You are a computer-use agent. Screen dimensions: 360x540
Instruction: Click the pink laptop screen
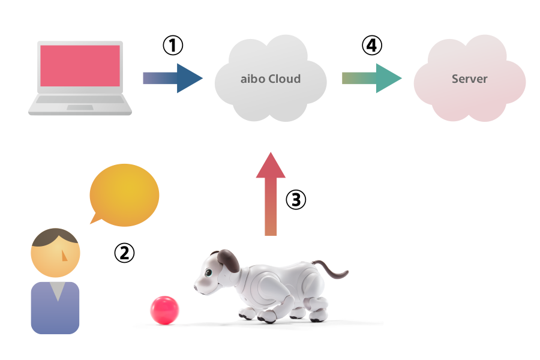[80, 65]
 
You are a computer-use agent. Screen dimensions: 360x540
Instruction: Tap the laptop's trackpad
[80, 107]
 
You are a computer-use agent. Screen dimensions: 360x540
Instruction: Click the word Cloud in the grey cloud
[284, 79]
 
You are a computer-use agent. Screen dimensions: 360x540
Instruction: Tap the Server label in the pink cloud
[469, 79]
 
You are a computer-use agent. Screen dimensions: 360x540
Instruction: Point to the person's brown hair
[54, 238]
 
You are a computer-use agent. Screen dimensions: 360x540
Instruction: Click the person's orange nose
[65, 256]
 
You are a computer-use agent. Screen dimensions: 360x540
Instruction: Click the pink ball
[164, 310]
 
